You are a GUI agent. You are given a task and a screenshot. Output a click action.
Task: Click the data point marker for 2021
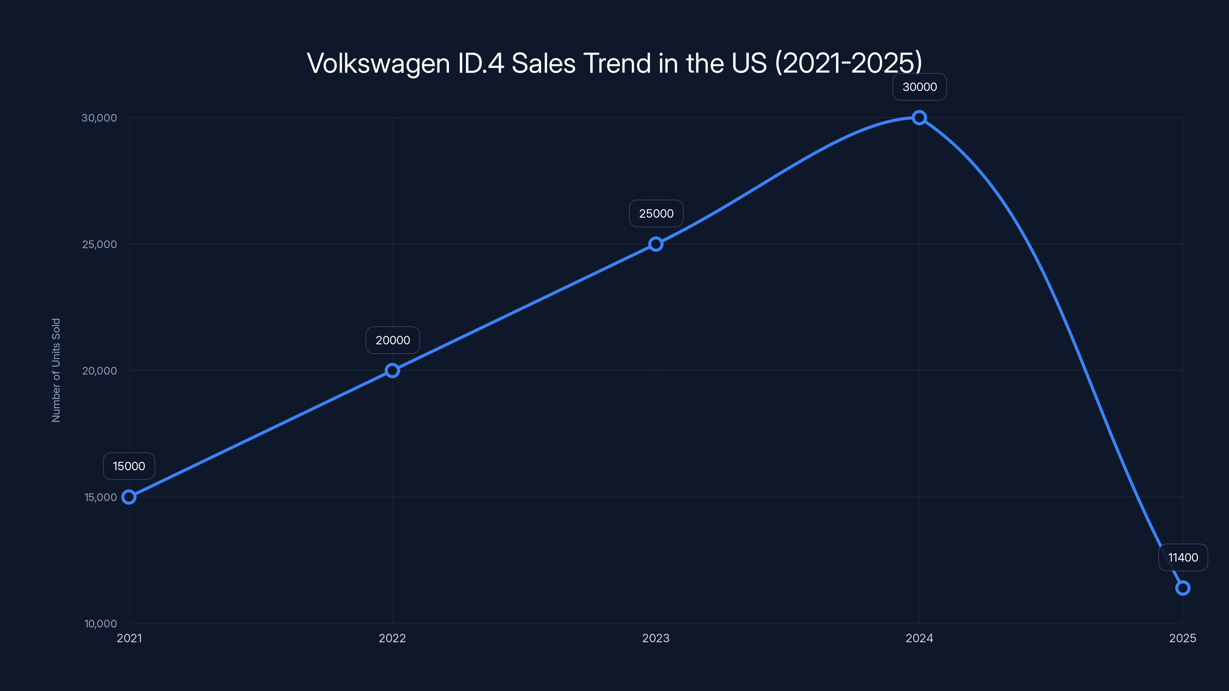(x=129, y=497)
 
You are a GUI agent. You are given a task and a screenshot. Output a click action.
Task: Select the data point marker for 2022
(x=392, y=370)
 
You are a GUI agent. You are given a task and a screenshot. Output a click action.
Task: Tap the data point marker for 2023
(x=656, y=244)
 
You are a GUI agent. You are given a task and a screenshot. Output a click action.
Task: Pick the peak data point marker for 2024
(x=919, y=117)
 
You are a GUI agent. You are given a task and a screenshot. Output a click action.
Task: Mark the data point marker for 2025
(x=1183, y=588)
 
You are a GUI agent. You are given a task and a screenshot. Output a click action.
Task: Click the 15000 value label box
(x=129, y=466)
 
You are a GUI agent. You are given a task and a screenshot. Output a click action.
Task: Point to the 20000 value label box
(x=393, y=340)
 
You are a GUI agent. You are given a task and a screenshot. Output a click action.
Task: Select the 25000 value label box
(x=656, y=213)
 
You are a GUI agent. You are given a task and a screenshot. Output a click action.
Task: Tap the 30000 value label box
(x=919, y=87)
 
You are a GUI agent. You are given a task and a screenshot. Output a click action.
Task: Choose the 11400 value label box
(x=1183, y=557)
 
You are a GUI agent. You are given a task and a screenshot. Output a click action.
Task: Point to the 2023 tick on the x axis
(x=656, y=638)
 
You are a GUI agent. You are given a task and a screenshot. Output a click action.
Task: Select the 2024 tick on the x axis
(x=919, y=638)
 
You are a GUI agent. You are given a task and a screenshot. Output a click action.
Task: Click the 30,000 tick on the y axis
(x=99, y=118)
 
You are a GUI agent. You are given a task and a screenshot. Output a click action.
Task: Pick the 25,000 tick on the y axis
(x=99, y=244)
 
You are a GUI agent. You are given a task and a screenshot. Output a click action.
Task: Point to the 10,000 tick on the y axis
(x=100, y=623)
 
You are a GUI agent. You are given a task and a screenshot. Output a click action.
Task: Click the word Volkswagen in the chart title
(x=378, y=63)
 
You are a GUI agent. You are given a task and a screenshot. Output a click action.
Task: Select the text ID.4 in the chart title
(x=480, y=63)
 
